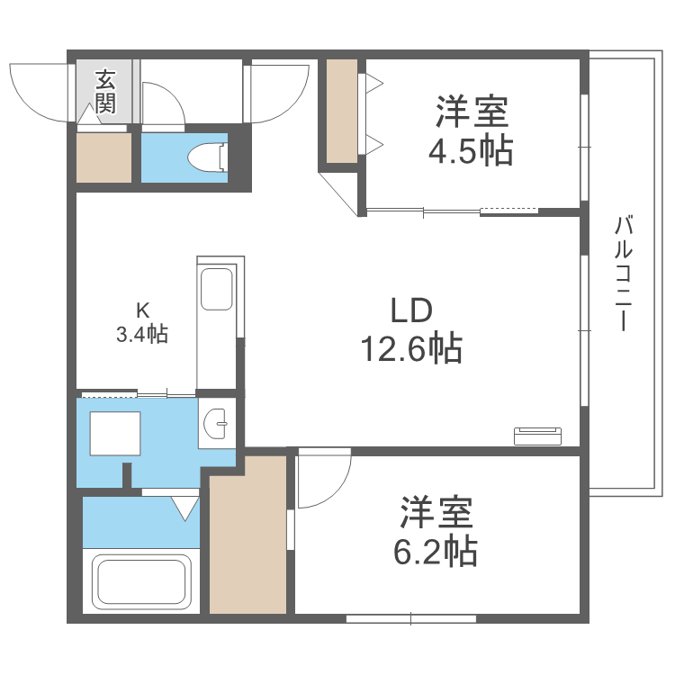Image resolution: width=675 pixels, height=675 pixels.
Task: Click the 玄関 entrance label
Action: point(105,90)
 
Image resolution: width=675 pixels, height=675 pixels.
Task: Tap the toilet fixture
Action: point(209,157)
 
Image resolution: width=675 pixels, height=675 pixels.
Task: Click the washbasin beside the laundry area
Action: point(217,422)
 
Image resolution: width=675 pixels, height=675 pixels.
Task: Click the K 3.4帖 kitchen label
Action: point(142,322)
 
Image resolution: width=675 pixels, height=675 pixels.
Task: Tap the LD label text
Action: point(411,310)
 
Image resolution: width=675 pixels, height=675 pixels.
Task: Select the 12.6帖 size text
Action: point(411,346)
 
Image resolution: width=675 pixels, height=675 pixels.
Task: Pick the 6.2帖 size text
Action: point(435,549)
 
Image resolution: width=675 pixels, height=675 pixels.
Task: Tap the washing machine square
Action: point(114,433)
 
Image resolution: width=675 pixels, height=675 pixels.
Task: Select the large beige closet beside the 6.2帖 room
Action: point(247,535)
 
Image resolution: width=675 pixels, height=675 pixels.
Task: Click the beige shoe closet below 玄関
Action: point(103,157)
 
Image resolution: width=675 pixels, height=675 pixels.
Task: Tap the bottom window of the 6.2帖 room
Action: point(410,618)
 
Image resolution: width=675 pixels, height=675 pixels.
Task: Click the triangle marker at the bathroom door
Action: point(185,509)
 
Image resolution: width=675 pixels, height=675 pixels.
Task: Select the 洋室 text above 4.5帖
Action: point(472,113)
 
